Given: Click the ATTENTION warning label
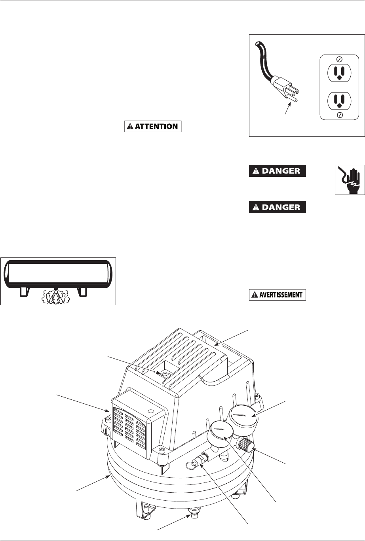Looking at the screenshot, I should [153, 127].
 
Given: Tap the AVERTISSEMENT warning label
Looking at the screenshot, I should [277, 295].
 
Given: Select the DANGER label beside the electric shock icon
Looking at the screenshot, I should [277, 171].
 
